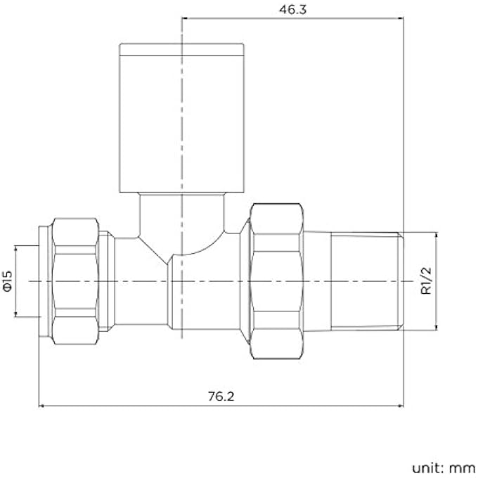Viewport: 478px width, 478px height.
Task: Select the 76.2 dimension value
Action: coord(220,396)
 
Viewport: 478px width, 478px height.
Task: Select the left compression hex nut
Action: coord(75,280)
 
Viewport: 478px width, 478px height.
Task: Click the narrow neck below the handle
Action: coord(181,211)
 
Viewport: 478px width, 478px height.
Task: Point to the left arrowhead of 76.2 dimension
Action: coord(41,406)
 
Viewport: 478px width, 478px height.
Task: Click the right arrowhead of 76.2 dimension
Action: coord(399,406)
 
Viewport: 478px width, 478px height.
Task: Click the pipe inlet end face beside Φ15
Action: coord(43,280)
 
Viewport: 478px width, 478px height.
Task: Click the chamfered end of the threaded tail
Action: coord(401,280)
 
